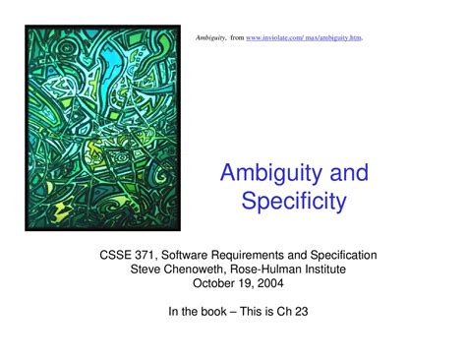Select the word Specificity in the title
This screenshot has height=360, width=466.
point(294,204)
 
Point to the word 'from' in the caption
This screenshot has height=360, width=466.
point(237,37)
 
